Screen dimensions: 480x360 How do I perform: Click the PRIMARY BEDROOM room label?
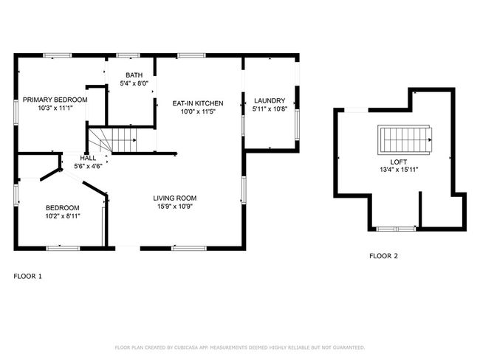[x=55, y=100]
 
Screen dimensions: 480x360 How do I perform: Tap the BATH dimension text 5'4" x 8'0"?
[x=134, y=83]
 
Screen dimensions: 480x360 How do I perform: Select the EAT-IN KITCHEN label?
[x=198, y=103]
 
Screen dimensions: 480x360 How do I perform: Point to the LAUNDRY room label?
[x=270, y=100]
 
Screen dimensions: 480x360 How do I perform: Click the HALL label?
[x=88, y=158]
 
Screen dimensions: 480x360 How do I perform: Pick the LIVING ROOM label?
[x=175, y=198]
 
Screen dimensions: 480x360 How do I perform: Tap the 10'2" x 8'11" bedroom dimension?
[x=63, y=216]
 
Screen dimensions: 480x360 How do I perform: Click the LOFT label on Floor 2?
[x=399, y=162]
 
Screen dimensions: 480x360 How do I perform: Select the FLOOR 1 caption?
[x=27, y=276]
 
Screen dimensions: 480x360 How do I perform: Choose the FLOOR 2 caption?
[x=383, y=256]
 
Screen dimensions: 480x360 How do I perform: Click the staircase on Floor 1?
[x=113, y=139]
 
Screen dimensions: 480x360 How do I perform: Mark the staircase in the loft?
[x=405, y=139]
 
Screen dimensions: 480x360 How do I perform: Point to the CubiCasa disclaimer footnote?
[x=240, y=347]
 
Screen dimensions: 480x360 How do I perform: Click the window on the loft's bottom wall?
[x=396, y=229]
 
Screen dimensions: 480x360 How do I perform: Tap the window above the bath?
[x=128, y=55]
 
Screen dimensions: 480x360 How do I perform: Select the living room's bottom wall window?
[x=189, y=248]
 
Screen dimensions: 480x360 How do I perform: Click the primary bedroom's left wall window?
[x=16, y=112]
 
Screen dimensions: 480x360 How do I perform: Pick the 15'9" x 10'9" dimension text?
[x=175, y=207]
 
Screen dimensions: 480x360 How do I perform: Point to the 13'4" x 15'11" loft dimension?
[x=399, y=170]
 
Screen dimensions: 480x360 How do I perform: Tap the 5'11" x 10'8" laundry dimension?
[x=270, y=109]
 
